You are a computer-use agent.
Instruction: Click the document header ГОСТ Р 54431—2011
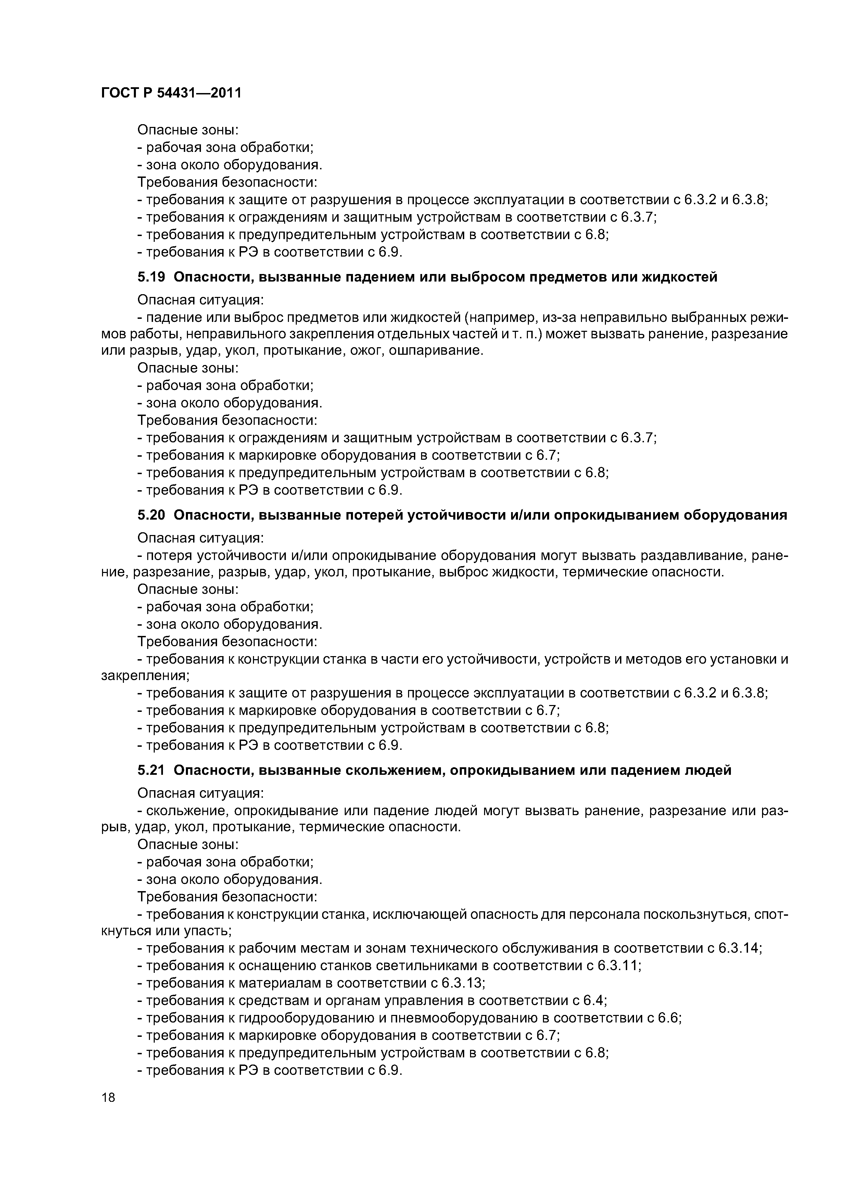point(171,93)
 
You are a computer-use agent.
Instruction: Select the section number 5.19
point(151,277)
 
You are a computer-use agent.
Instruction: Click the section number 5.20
point(151,515)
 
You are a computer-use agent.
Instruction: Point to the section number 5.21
point(151,770)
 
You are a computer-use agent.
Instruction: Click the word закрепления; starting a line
point(145,675)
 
